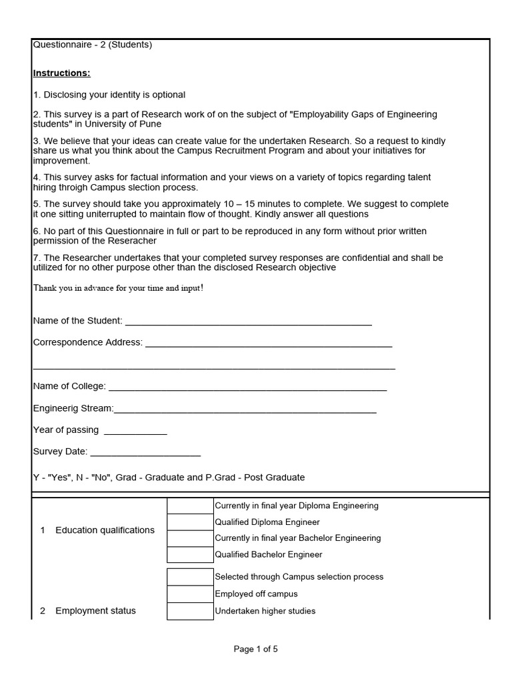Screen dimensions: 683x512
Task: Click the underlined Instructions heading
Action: (x=61, y=73)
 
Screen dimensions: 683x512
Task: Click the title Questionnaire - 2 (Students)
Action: (x=93, y=45)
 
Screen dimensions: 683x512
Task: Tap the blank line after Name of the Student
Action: (x=248, y=321)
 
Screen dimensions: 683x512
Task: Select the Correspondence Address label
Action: (x=87, y=342)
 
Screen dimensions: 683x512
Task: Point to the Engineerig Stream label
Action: (x=73, y=408)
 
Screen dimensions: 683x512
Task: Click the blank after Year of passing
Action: (x=135, y=430)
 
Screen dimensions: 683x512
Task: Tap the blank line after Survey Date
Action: (x=145, y=452)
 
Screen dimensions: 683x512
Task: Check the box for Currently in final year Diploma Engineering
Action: (x=190, y=506)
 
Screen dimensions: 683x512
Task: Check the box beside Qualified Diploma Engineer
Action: (x=190, y=522)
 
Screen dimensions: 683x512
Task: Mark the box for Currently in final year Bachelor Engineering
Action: (x=190, y=538)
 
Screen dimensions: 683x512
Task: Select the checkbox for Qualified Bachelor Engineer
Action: (x=190, y=554)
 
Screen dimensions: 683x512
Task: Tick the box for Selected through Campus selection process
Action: (x=190, y=577)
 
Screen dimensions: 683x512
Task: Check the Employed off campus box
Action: (x=190, y=594)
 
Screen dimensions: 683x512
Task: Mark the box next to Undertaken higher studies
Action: (x=190, y=611)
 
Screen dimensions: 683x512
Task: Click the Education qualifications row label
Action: (x=105, y=530)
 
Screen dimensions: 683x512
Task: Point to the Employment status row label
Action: (x=95, y=611)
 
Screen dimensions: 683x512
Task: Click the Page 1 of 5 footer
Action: (x=255, y=648)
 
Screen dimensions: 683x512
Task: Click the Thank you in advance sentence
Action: (x=118, y=287)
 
